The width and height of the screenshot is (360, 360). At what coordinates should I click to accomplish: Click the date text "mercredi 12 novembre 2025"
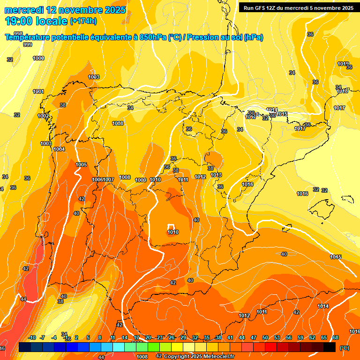point(65,10)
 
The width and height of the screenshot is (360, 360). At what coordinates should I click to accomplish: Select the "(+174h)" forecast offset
point(83,21)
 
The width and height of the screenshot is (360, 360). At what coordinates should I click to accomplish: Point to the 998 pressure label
point(18,34)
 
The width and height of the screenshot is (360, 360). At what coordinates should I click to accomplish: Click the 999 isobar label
point(28,45)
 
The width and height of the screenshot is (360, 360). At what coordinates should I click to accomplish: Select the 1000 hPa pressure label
point(38,58)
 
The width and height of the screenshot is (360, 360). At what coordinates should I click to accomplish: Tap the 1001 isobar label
point(38,91)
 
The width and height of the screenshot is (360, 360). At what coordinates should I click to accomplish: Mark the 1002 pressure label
point(43,116)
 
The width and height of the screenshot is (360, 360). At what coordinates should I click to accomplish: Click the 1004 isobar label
point(59,149)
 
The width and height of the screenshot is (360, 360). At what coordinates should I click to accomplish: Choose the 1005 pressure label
point(81,165)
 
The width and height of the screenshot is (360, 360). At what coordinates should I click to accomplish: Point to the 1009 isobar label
point(141,180)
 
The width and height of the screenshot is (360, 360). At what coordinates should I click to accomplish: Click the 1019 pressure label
point(343,64)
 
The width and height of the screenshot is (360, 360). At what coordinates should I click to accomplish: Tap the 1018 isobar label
point(342,91)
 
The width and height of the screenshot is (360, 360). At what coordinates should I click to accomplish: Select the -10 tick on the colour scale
point(32,337)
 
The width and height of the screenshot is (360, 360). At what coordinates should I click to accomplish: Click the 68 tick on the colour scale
point(336,337)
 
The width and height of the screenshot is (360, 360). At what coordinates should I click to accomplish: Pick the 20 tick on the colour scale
point(148,337)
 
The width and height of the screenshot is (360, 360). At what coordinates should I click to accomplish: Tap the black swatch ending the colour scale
point(330,347)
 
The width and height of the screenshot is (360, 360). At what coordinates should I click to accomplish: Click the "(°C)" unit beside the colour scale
point(345,347)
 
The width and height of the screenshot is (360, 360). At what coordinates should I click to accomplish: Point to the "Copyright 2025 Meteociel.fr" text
point(199,356)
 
